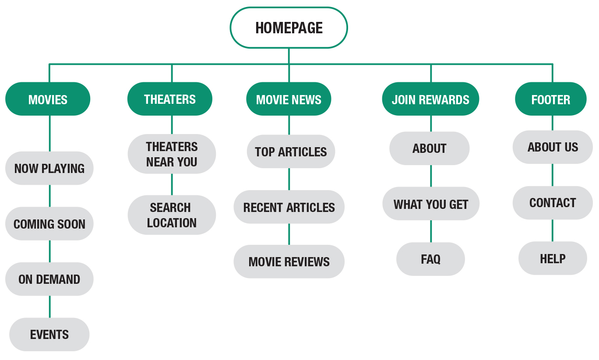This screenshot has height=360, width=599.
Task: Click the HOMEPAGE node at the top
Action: [x=289, y=28]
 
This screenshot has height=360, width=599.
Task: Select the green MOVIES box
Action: [x=48, y=99]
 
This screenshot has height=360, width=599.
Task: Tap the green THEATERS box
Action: [x=170, y=99]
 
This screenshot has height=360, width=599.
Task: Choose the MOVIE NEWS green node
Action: [x=289, y=99]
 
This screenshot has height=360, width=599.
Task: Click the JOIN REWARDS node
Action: [x=430, y=99]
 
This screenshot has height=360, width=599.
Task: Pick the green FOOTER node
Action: [x=551, y=99]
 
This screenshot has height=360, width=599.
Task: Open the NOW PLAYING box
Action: [x=49, y=168]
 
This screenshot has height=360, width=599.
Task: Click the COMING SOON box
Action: [x=49, y=224]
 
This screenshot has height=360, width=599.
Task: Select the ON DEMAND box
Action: [x=49, y=279]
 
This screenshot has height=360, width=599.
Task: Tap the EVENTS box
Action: [x=49, y=335]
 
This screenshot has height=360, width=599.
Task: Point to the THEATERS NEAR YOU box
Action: [x=172, y=154]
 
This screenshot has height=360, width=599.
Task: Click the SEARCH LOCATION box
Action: [x=172, y=215]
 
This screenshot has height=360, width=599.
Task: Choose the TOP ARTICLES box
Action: [x=291, y=152]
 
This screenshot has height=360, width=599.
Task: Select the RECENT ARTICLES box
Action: [x=289, y=207]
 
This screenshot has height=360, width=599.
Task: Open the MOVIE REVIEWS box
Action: [x=289, y=261]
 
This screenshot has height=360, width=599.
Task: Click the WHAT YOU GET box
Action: [x=431, y=204]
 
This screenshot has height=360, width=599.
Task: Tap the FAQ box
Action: [x=430, y=259]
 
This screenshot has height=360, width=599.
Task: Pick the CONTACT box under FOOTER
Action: [x=553, y=203]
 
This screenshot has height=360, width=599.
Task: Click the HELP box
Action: [x=553, y=258]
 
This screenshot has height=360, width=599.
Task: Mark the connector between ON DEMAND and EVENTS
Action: [x=49, y=307]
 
